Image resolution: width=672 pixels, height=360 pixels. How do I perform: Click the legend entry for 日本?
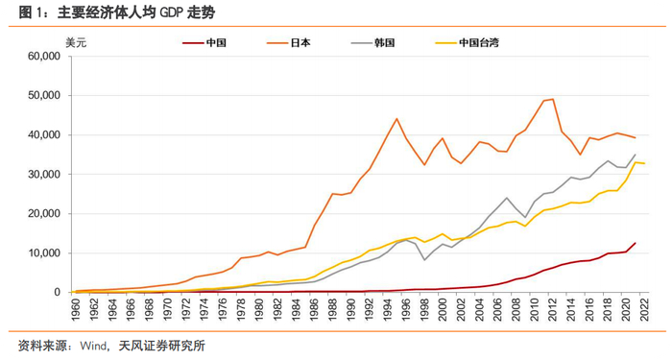tap(288, 43)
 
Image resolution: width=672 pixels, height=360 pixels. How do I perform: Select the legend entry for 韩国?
tap(372, 43)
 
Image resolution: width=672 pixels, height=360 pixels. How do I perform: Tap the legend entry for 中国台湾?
tap(468, 43)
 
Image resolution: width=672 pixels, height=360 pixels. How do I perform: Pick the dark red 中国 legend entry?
tap(204, 43)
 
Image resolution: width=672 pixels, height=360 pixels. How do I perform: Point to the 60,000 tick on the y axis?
tap(44, 56)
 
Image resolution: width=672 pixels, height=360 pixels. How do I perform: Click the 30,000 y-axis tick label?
tap(44, 175)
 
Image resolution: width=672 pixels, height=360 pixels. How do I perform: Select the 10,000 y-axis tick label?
tap(44, 253)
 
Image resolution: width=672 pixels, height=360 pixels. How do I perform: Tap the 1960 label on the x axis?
tap(76, 308)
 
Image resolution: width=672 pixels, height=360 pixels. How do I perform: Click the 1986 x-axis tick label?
tap(314, 308)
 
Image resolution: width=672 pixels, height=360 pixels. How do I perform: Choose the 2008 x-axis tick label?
tap(516, 308)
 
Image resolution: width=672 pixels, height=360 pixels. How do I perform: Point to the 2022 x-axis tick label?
tap(644, 308)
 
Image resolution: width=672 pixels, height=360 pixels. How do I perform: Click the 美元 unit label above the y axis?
tap(76, 43)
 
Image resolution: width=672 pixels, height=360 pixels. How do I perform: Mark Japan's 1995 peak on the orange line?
tap(396, 118)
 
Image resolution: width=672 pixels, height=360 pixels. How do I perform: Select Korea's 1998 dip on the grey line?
tap(424, 260)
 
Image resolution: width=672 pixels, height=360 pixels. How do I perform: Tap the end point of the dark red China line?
tap(635, 243)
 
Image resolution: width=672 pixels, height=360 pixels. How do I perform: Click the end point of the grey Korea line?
tap(635, 155)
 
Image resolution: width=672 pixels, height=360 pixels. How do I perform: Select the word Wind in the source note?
tap(93, 346)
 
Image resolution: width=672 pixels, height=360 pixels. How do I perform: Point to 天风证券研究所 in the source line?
tap(161, 346)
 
